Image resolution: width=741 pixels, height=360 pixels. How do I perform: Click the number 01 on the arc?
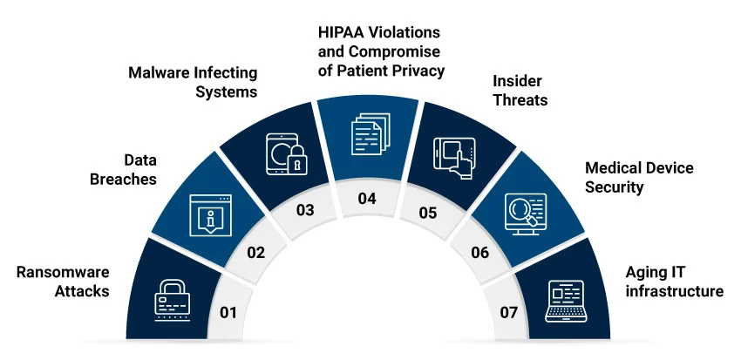228,312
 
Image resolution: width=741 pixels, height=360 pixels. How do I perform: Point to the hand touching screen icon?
451,157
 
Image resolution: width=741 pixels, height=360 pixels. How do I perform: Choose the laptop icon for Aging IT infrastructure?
564,296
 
